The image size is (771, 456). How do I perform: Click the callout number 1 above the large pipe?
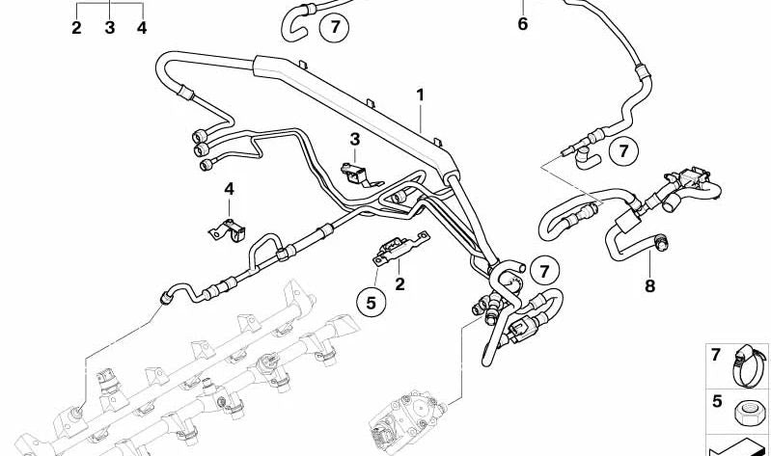click(420, 94)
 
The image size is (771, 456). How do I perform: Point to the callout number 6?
click(523, 23)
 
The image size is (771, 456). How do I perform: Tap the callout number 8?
click(650, 285)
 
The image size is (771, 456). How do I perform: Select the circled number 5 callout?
click(371, 303)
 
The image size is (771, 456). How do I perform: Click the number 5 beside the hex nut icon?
click(717, 401)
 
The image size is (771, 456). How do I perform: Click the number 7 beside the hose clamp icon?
click(716, 354)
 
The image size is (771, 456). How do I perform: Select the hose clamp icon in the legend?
click(749, 365)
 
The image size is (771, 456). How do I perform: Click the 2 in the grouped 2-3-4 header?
click(76, 28)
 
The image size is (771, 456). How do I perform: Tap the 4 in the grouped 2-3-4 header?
click(142, 28)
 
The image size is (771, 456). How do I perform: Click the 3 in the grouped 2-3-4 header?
click(110, 28)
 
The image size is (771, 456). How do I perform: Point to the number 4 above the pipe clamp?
click(229, 189)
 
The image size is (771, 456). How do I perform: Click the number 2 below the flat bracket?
click(399, 284)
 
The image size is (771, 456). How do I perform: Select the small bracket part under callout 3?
click(361, 174)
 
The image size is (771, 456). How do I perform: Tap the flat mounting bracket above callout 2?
click(401, 248)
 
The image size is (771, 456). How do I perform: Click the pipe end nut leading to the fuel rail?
click(166, 296)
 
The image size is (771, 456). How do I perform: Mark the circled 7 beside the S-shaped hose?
click(544, 271)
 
